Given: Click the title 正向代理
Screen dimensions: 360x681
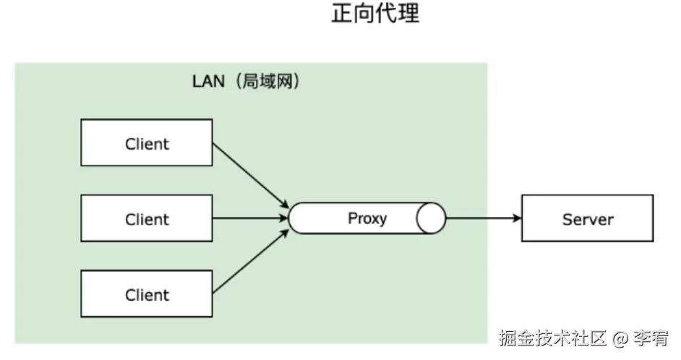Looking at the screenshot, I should tap(375, 14).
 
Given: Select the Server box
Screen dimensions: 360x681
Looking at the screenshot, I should tap(587, 218).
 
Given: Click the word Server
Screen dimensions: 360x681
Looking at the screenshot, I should tap(587, 219).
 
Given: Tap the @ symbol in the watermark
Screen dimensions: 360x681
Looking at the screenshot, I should tap(619, 338).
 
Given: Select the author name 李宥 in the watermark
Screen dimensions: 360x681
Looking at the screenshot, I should tap(651, 338).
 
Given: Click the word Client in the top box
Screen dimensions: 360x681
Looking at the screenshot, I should tap(147, 144).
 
